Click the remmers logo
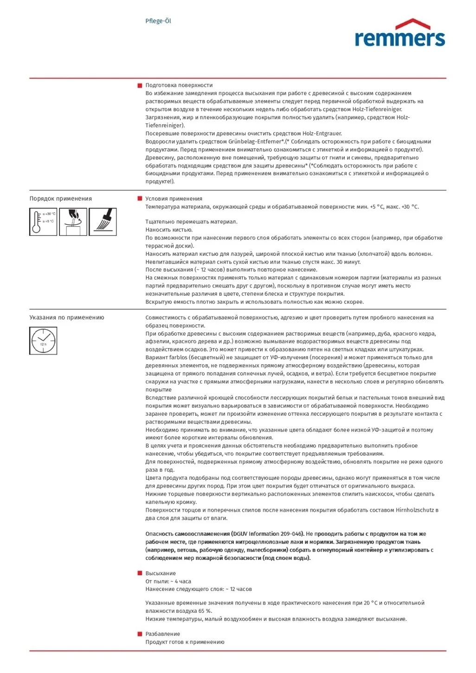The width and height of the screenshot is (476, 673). coord(399,33)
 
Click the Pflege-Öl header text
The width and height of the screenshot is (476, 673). coord(158,21)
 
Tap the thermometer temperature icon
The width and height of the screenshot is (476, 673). coord(43,222)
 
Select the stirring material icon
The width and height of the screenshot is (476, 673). coord(73,222)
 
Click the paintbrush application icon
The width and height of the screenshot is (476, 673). coord(103,222)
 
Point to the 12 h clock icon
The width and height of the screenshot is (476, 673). coord(43,341)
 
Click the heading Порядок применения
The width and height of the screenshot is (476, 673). coord(61,198)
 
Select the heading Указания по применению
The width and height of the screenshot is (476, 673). coord(67,317)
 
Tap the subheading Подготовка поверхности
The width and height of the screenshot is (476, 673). coord(179,85)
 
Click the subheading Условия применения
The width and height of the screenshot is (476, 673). coord(174,199)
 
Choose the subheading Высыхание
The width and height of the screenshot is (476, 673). coord(161,573)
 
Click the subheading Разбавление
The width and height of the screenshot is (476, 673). coord(163,634)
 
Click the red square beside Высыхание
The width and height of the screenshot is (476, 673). coord(140,573)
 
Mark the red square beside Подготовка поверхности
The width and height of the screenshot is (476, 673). coord(140,85)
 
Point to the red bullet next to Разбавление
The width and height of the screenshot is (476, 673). coord(140,634)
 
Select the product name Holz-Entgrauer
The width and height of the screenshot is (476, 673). coord(322,133)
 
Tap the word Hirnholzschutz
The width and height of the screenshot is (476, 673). coord(415,510)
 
